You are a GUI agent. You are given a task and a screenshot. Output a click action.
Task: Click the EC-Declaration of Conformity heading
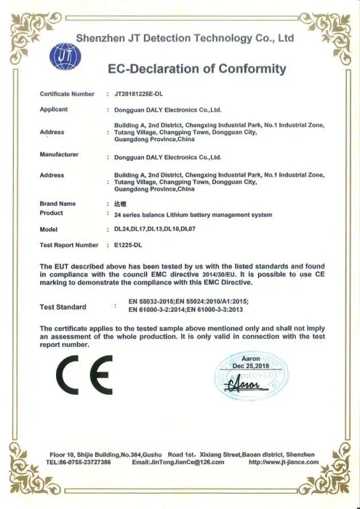(x=196, y=70)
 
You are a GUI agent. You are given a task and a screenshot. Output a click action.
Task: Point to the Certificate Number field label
(x=67, y=94)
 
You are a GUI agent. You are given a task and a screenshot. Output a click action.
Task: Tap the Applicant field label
(x=54, y=109)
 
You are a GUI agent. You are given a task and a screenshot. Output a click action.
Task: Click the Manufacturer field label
(x=58, y=155)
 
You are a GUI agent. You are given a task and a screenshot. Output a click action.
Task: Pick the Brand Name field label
(x=57, y=204)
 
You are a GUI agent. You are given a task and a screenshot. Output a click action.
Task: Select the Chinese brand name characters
(x=121, y=205)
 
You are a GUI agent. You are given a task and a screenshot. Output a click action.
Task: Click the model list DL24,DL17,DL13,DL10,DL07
(x=151, y=230)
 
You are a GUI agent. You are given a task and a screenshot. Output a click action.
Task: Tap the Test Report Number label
(x=68, y=245)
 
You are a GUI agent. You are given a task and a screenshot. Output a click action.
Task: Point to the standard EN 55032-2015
(x=155, y=301)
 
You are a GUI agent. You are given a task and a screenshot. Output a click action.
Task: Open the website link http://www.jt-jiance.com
(x=283, y=462)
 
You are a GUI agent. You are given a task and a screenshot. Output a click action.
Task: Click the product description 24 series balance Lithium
(x=189, y=215)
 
